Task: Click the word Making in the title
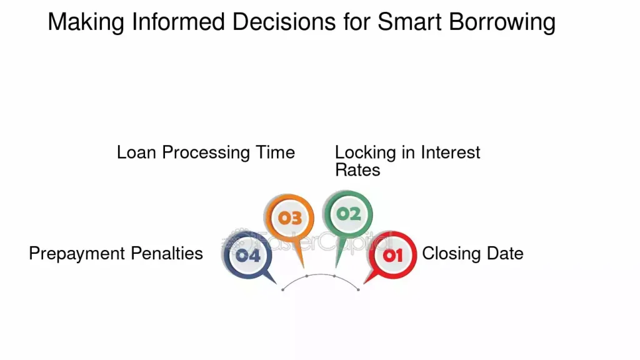pos(86,22)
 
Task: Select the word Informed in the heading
pos(178,21)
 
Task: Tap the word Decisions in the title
pos(284,21)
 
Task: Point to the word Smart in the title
pos(409,21)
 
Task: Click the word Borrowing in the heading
pos(502,22)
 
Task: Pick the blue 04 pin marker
pos(247,257)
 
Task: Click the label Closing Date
pos(472,254)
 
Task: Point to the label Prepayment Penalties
pos(116,254)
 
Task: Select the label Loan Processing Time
pos(206,152)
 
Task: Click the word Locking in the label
pos(365,152)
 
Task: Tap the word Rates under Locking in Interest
pos(357,170)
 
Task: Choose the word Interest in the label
pos(451,152)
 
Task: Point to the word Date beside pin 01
pos(505,254)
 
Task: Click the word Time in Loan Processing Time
pos(276,152)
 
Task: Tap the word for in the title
pos(356,21)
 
